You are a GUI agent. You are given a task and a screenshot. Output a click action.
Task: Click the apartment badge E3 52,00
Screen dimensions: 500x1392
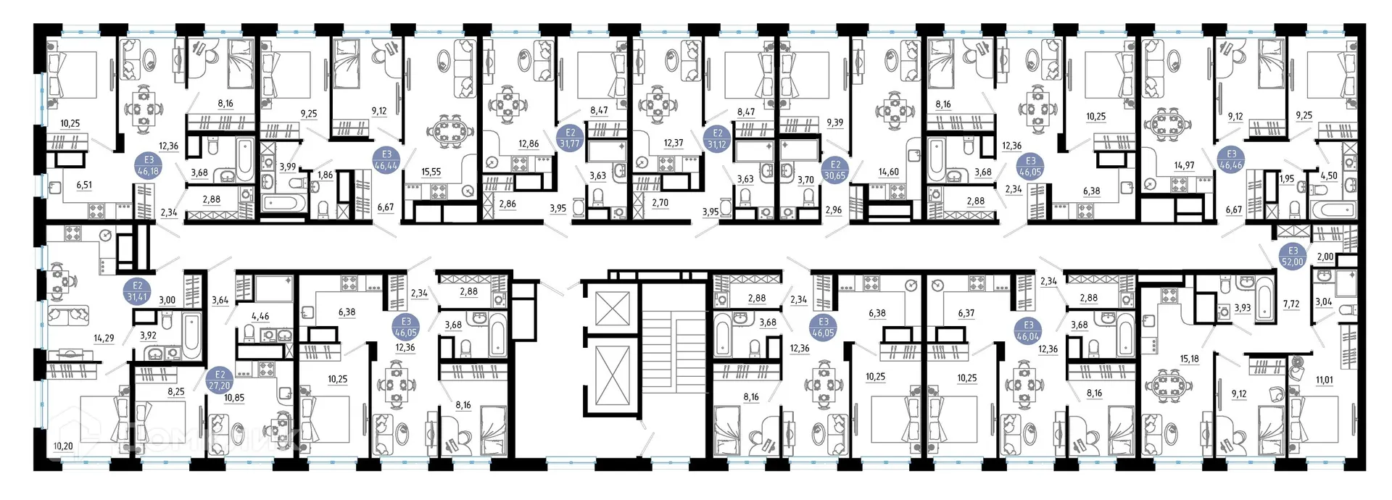coord(1293,257)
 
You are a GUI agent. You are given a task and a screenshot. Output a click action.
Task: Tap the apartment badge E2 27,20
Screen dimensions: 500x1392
coord(220,380)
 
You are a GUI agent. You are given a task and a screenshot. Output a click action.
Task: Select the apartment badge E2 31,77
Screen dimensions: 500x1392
coord(570,138)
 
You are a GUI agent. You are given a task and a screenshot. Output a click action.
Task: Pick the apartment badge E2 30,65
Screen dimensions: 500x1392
coord(835,170)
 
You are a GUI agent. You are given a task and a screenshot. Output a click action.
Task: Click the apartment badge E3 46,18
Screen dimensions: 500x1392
coord(149,166)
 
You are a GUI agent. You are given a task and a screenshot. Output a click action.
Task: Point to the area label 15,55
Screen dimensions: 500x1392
coord(431,172)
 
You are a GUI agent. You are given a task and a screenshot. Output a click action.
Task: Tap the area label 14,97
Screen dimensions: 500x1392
coord(1184,165)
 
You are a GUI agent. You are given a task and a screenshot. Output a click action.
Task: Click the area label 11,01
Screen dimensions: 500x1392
coord(1324,380)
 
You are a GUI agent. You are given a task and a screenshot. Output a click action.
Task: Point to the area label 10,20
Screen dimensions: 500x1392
coord(63,446)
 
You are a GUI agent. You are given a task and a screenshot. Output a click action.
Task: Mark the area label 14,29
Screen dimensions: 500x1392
coord(104,338)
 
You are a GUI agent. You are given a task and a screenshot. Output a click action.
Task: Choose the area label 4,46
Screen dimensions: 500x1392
coord(260,316)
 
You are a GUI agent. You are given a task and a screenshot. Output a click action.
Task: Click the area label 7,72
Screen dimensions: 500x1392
coord(1291,304)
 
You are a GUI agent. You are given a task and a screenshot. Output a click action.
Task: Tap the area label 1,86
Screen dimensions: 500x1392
coord(326,175)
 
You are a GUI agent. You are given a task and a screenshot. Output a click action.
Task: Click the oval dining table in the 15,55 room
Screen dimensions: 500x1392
coord(449,133)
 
